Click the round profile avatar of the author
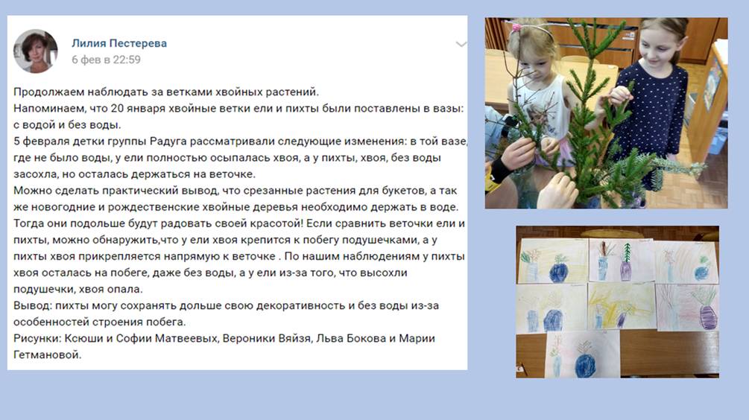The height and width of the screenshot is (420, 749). (35, 51)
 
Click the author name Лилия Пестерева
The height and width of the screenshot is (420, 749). (119, 43)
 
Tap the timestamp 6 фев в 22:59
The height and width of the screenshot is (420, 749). (106, 60)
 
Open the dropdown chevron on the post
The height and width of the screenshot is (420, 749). (461, 45)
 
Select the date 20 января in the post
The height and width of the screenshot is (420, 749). (139, 108)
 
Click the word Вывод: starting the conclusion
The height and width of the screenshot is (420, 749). (33, 306)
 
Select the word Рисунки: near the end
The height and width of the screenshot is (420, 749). (37, 338)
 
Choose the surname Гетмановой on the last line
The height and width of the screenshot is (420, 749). (47, 355)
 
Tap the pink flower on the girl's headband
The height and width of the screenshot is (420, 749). (516, 28)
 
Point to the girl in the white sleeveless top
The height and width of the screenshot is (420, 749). (540, 95)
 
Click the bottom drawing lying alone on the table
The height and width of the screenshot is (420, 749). (582, 354)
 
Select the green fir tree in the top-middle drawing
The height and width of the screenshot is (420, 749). (628, 253)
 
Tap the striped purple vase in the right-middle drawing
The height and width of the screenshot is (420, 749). (707, 317)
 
